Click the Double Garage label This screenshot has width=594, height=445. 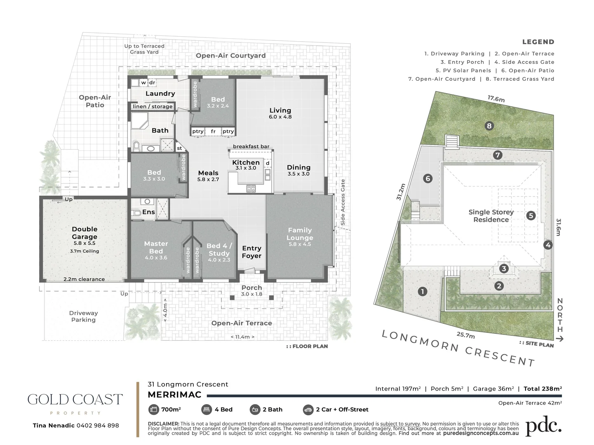(x=85, y=233)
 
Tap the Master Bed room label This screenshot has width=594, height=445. (x=156, y=247)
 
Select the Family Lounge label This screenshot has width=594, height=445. (x=300, y=234)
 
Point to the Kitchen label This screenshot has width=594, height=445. (x=246, y=162)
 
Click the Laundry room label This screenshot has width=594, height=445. (x=160, y=94)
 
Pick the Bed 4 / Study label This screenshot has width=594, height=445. (x=219, y=249)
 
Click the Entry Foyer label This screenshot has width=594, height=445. (x=251, y=252)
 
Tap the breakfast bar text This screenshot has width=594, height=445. (x=251, y=146)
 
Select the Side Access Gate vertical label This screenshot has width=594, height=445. (x=343, y=202)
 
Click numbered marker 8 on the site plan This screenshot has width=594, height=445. (x=489, y=126)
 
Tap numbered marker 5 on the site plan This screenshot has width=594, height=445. (x=531, y=215)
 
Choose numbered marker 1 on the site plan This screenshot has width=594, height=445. (x=422, y=292)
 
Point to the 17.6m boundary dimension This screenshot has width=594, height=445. (x=496, y=99)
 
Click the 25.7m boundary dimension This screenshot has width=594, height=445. (x=465, y=335)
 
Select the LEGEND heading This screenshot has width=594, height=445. (x=538, y=42)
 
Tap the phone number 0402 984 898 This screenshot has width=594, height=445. (x=97, y=425)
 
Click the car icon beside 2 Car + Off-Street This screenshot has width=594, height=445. (x=308, y=410)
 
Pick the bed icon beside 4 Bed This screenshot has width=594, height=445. (x=206, y=410)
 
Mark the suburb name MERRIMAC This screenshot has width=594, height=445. (x=174, y=395)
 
